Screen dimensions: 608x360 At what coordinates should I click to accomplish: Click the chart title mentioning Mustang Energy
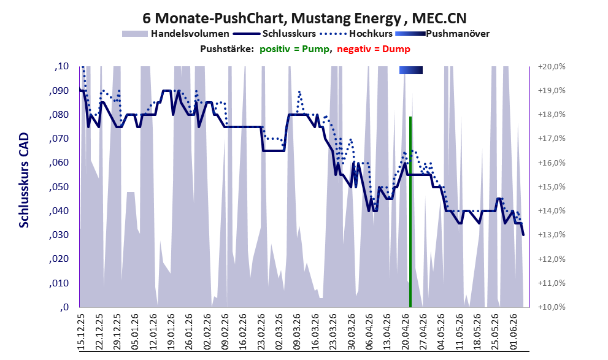304,18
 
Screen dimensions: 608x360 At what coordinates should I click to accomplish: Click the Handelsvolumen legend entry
175,34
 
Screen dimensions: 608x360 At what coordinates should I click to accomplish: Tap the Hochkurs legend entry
356,34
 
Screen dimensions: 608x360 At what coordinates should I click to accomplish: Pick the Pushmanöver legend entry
442,34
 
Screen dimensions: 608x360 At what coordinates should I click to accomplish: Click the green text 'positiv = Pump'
294,49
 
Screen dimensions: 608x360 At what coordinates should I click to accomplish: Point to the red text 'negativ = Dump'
374,49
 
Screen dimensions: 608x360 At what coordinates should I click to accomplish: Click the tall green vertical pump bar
410,212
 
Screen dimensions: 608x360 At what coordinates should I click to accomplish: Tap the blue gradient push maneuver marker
411,70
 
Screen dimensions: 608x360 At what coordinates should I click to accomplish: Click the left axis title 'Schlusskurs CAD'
24,180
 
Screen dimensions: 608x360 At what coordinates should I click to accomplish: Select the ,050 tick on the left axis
59,187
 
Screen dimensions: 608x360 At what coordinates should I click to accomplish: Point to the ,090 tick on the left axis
59,91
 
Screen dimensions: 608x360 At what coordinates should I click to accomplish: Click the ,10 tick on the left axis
61,67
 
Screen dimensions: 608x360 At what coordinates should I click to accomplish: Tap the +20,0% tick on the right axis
552,67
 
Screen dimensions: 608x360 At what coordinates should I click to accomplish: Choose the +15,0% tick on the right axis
552,187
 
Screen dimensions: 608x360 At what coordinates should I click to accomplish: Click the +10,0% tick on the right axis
552,307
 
